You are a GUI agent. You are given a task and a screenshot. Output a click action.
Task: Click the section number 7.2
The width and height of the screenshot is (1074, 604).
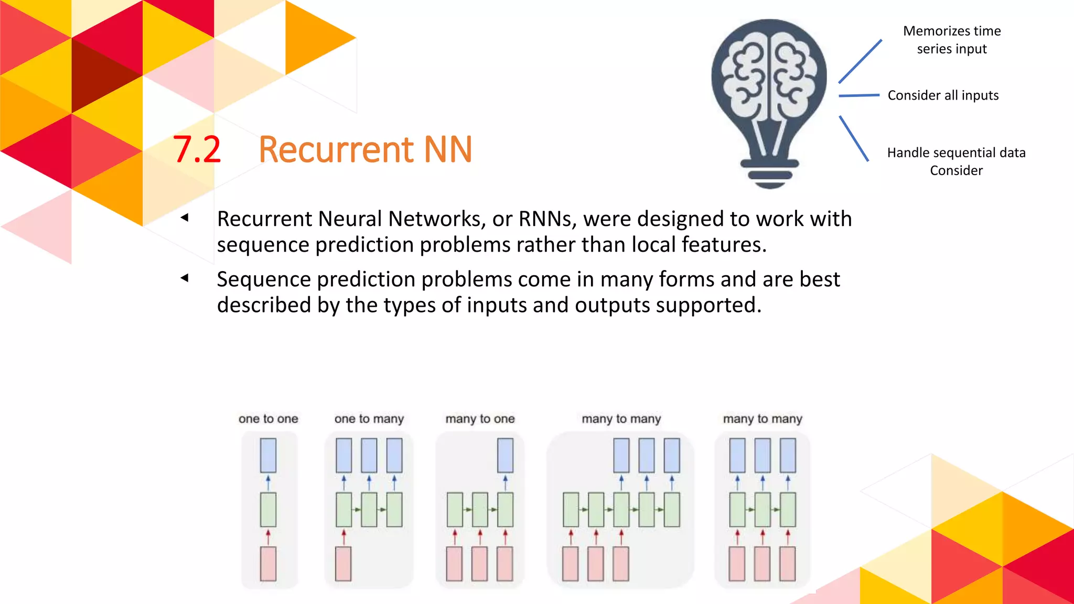click(x=197, y=150)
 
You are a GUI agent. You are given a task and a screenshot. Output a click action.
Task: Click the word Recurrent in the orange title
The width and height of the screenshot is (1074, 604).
click(x=336, y=150)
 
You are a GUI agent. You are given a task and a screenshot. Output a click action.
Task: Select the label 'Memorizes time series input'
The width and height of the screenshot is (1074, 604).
click(x=951, y=40)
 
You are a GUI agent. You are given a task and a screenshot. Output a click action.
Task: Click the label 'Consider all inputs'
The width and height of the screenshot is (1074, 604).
click(x=942, y=95)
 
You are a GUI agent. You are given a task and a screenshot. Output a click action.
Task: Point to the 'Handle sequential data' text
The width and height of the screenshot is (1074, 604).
click(x=956, y=153)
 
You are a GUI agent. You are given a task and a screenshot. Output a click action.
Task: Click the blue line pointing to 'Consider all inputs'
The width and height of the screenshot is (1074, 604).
click(x=858, y=95)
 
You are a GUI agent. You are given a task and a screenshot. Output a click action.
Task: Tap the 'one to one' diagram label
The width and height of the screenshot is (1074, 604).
click(x=268, y=419)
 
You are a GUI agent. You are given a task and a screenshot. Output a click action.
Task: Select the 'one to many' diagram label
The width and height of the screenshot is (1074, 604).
click(x=369, y=419)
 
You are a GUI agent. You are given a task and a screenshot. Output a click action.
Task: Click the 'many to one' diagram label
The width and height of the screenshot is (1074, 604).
click(x=480, y=419)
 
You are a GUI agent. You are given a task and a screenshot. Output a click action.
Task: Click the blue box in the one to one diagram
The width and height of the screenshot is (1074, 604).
click(x=268, y=456)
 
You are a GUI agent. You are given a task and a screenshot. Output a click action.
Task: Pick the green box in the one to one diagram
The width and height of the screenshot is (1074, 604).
click(x=268, y=510)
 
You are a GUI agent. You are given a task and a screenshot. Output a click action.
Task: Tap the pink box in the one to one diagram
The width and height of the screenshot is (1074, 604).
click(x=268, y=564)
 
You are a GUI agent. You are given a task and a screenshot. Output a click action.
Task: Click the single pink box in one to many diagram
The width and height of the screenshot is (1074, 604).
click(x=343, y=564)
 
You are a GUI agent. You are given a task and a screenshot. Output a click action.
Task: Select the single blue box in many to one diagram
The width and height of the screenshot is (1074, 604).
click(x=505, y=456)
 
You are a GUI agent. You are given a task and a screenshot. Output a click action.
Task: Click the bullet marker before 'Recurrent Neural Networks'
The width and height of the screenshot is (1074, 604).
click(x=185, y=218)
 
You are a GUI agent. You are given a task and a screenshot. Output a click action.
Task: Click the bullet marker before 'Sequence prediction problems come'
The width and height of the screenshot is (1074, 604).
click(x=185, y=278)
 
